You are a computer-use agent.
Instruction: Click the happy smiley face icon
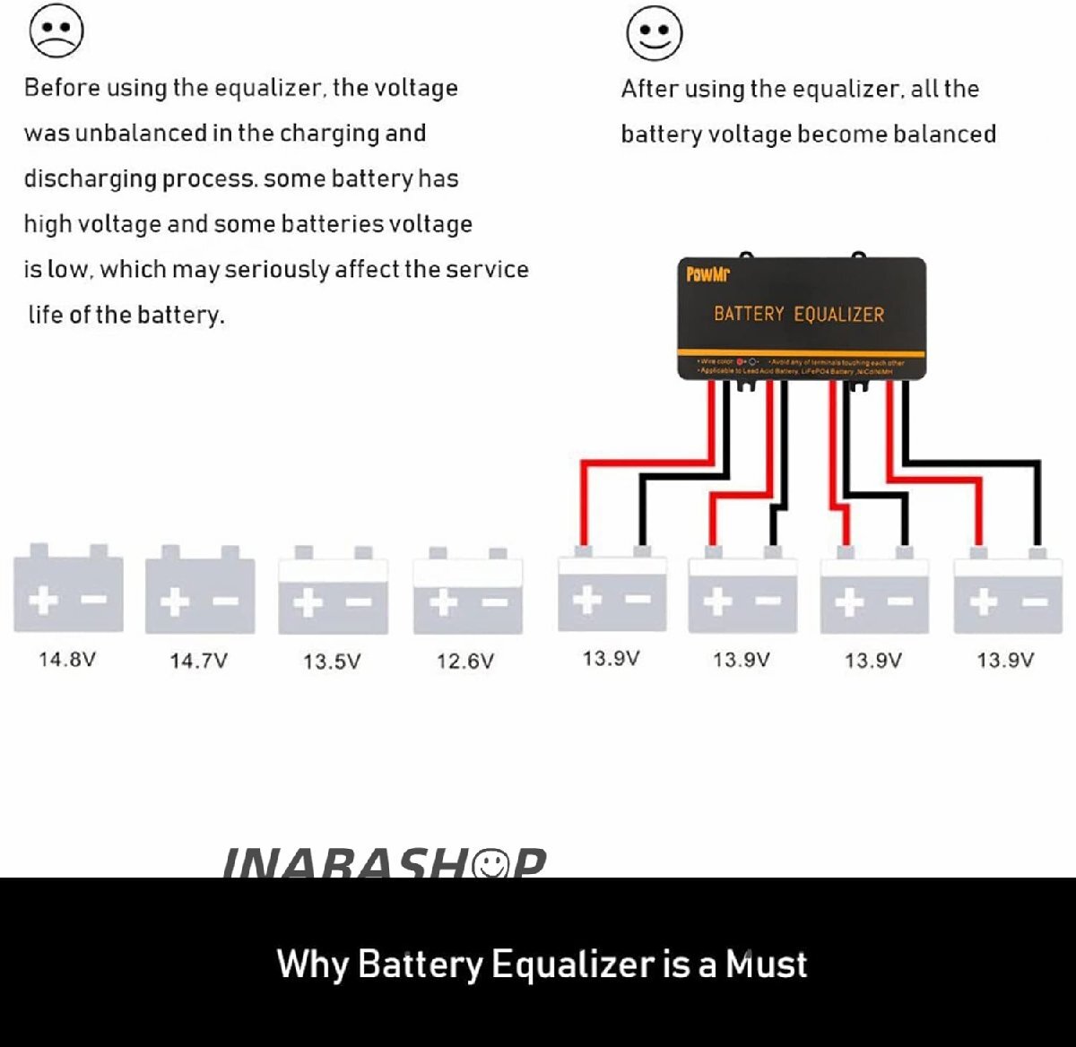654,33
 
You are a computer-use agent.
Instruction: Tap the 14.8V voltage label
67,660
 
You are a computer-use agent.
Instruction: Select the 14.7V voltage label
198,661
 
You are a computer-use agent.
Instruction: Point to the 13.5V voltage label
332,662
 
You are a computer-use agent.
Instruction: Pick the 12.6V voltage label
464,662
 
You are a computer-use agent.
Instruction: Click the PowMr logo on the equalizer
707,274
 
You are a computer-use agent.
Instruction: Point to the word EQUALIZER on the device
839,315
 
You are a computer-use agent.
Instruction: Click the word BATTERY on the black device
749,315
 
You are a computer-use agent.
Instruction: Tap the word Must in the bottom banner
766,965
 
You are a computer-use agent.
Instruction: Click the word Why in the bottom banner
312,965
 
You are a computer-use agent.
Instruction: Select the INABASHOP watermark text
383,864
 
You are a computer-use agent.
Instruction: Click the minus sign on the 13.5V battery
359,601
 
